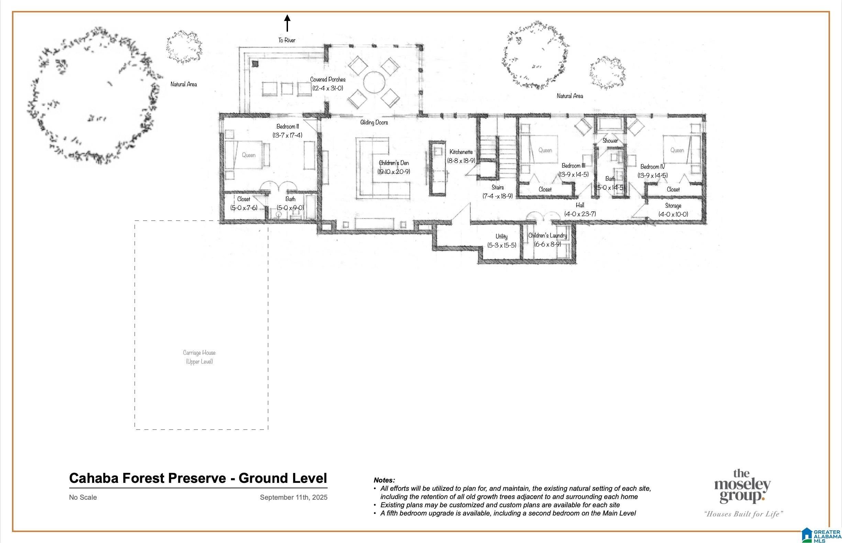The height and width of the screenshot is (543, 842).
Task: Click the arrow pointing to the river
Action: [287, 23]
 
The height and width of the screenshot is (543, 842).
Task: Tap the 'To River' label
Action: [287, 40]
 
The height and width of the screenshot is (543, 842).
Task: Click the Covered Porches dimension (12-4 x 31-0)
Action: [328, 88]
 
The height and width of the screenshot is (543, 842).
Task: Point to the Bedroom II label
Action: [288, 126]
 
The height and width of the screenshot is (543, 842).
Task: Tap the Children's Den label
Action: [394, 163]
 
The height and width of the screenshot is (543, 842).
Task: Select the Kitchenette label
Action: [461, 152]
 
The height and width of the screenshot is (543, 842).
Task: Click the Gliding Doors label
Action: [374, 122]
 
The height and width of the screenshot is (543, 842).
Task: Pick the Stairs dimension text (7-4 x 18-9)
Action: [498, 196]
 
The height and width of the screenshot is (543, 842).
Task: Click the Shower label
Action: [610, 141]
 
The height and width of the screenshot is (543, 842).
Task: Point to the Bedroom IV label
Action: [653, 167]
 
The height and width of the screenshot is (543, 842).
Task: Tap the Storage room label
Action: [673, 206]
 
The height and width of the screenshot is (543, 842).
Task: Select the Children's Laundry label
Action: [547, 235]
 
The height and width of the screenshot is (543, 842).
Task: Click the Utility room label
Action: [501, 236]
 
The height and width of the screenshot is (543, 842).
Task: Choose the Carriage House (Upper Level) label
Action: [199, 357]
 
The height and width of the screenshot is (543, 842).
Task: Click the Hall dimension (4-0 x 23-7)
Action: [580, 214]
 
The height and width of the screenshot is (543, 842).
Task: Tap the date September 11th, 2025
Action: [294, 497]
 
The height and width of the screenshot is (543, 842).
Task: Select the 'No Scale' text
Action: [83, 497]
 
